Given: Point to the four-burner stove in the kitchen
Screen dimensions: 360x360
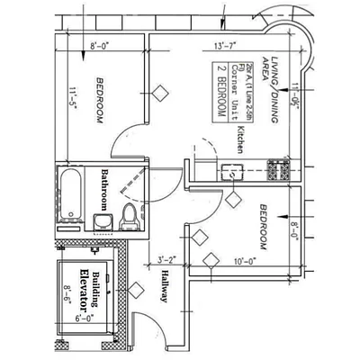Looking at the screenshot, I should pos(277,168).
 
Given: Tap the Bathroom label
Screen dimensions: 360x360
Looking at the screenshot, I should pos(105,186).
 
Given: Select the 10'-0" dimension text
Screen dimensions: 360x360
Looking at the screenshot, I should pos(243,263).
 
